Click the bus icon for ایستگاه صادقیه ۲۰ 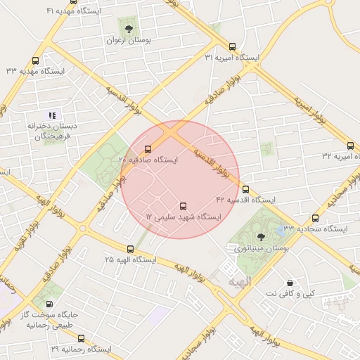tap(148, 149)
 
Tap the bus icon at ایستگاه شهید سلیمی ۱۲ tap(184, 207)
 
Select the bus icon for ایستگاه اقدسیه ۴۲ tap(245, 188)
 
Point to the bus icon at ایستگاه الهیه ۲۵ tap(130, 249)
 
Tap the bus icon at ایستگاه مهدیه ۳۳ tap(36, 60)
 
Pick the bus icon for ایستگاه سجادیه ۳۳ tap(315, 218)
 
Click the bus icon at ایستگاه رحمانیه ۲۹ tap(82, 337)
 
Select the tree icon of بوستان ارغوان tap(128, 29)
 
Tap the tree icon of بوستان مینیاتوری tap(262, 237)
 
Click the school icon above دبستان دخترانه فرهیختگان tap(51, 115)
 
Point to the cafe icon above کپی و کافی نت tap(289, 283)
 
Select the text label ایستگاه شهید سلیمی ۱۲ tap(183, 219)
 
